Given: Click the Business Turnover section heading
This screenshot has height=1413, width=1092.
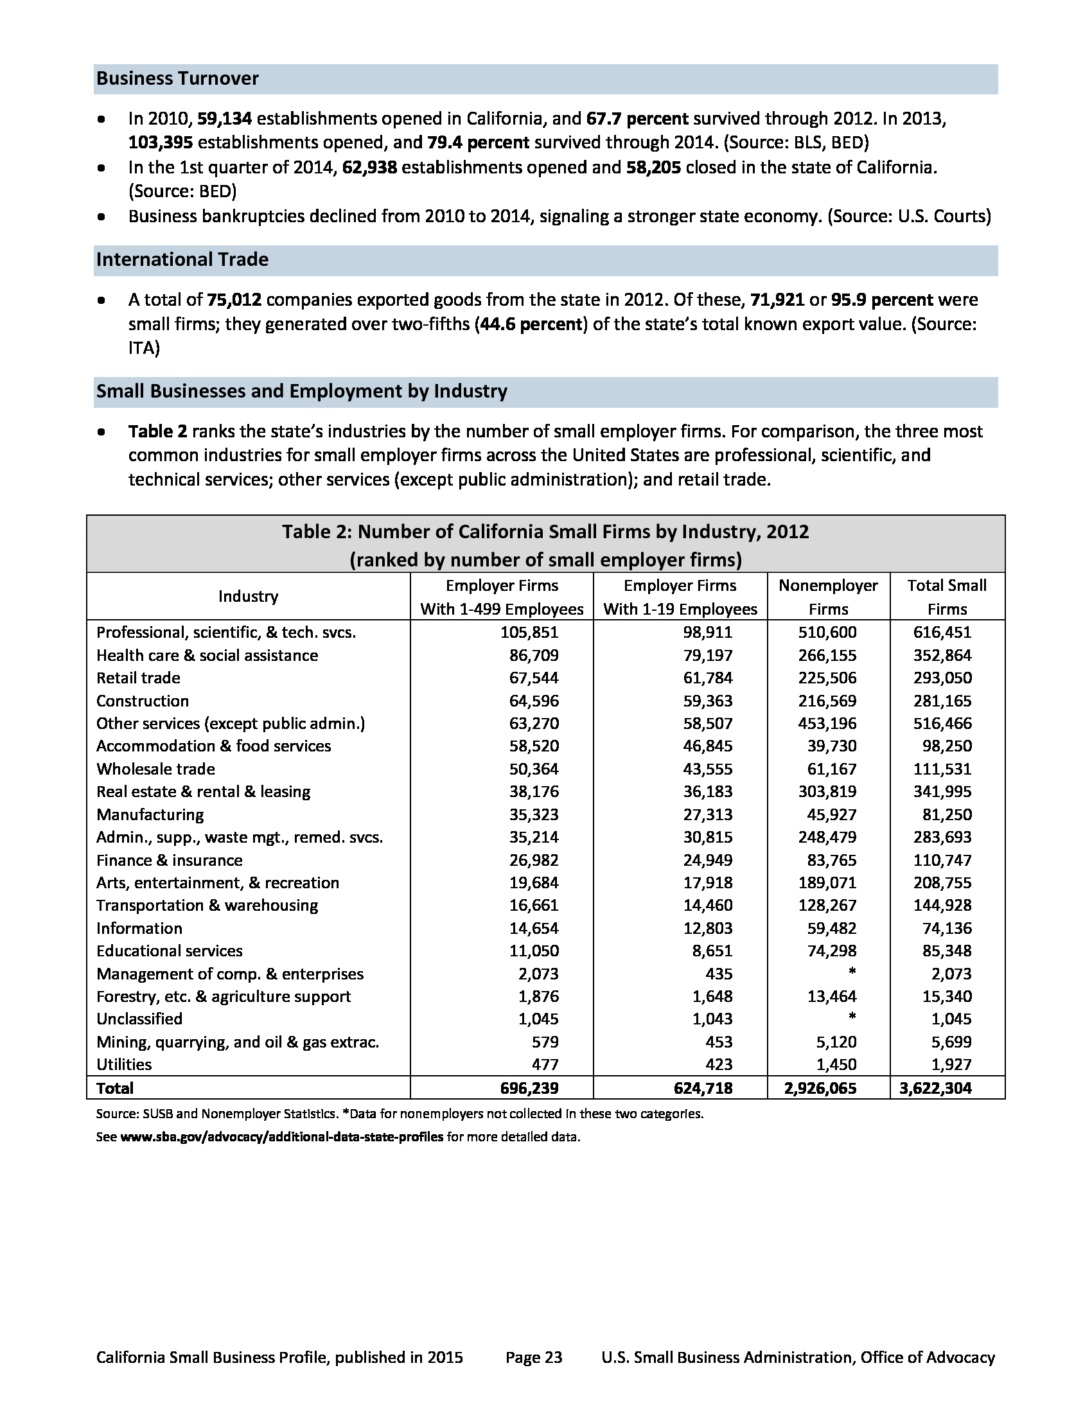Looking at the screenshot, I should [177, 79].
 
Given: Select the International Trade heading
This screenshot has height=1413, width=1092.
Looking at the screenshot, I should [182, 259].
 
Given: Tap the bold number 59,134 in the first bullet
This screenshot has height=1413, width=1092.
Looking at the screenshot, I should [224, 119].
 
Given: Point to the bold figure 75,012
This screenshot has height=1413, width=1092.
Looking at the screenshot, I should [234, 300].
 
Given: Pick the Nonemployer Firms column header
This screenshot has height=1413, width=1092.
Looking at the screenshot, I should [828, 597].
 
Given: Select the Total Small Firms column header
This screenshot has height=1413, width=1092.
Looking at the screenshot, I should [946, 597].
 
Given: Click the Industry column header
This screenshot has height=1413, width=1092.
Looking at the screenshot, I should [248, 597].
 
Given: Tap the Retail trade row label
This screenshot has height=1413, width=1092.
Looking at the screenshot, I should [139, 678].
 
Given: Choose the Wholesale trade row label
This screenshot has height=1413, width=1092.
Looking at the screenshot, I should [156, 769].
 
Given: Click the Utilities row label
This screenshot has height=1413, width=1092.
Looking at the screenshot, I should [124, 1064].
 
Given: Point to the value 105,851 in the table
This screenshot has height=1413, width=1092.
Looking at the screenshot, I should [529, 633].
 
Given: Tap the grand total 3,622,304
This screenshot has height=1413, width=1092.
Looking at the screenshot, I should [935, 1088].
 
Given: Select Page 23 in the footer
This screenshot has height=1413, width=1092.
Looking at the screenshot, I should [534, 1357].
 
